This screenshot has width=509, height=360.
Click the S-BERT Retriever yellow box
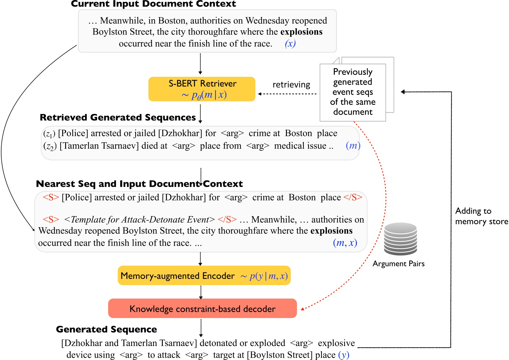click(x=202, y=89)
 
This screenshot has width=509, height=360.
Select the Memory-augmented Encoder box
click(x=204, y=276)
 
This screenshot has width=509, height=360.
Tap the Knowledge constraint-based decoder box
click(x=202, y=309)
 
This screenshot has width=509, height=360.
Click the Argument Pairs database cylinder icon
click(x=400, y=239)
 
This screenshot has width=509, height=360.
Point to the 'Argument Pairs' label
click(x=398, y=264)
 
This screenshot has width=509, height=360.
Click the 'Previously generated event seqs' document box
click(x=353, y=92)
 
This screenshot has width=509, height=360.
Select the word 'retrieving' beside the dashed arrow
click(x=291, y=85)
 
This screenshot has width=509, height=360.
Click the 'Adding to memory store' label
click(x=481, y=216)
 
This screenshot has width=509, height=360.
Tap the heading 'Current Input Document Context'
click(x=153, y=4)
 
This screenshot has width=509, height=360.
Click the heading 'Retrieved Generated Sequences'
click(x=118, y=118)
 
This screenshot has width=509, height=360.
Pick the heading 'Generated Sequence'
click(x=106, y=329)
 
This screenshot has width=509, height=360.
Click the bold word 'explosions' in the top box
click(x=301, y=32)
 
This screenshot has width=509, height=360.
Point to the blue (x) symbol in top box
click(x=290, y=44)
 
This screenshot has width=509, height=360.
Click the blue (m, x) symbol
click(x=345, y=243)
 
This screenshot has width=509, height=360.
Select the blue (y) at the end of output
click(x=344, y=355)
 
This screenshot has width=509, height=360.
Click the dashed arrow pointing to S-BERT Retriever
click(x=287, y=94)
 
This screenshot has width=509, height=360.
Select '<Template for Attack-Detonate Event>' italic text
click(x=139, y=220)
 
